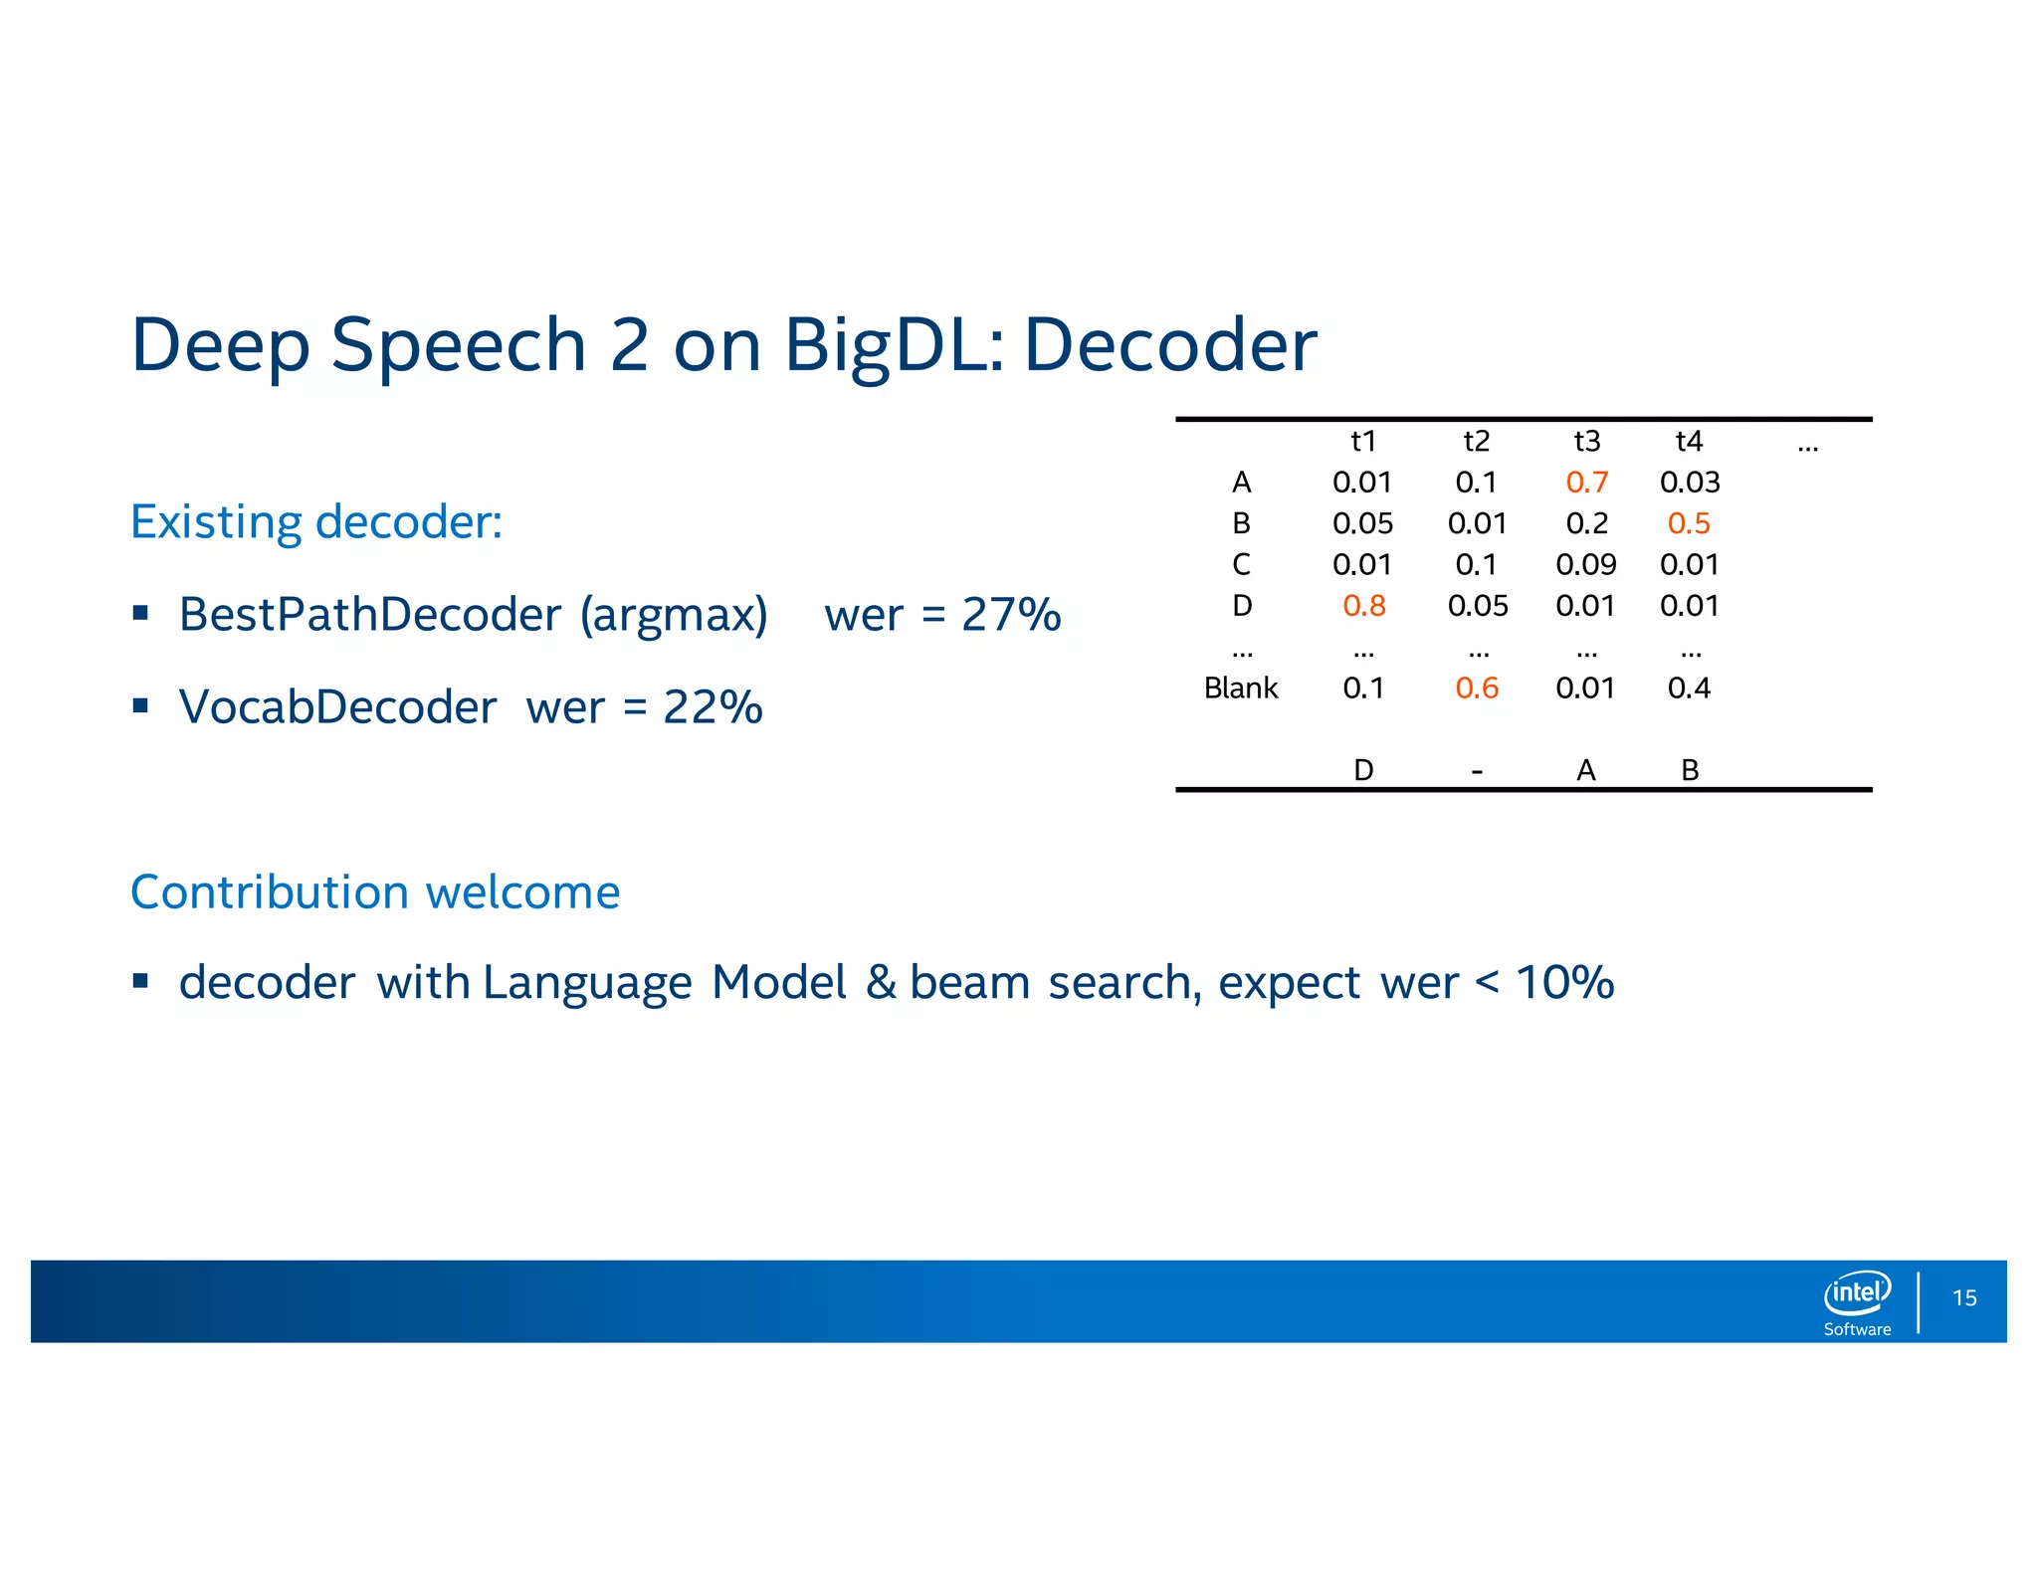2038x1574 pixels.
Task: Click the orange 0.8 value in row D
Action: (x=1363, y=605)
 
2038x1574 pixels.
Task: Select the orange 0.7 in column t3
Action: (x=1586, y=482)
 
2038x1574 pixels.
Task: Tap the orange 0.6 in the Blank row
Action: (x=1476, y=688)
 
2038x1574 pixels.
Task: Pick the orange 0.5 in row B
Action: (x=1689, y=523)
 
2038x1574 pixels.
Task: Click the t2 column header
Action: (x=1476, y=441)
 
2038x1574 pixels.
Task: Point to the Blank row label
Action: (x=1240, y=688)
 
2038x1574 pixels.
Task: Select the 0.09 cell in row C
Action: (x=1585, y=564)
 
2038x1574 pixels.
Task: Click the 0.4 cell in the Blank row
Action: (x=1689, y=688)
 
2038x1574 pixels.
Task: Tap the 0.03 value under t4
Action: (x=1689, y=482)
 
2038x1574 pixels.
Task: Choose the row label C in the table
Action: (x=1241, y=564)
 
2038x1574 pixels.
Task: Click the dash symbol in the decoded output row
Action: (x=1477, y=771)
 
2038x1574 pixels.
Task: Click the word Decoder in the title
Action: (x=1170, y=345)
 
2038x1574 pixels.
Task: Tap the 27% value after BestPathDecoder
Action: (x=1011, y=614)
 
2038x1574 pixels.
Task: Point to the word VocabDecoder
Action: (x=337, y=707)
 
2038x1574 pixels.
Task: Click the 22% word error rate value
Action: (x=713, y=707)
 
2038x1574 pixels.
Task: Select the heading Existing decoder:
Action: (x=316, y=521)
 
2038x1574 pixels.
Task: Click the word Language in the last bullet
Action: (x=587, y=983)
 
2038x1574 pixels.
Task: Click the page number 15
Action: (x=1963, y=1297)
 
